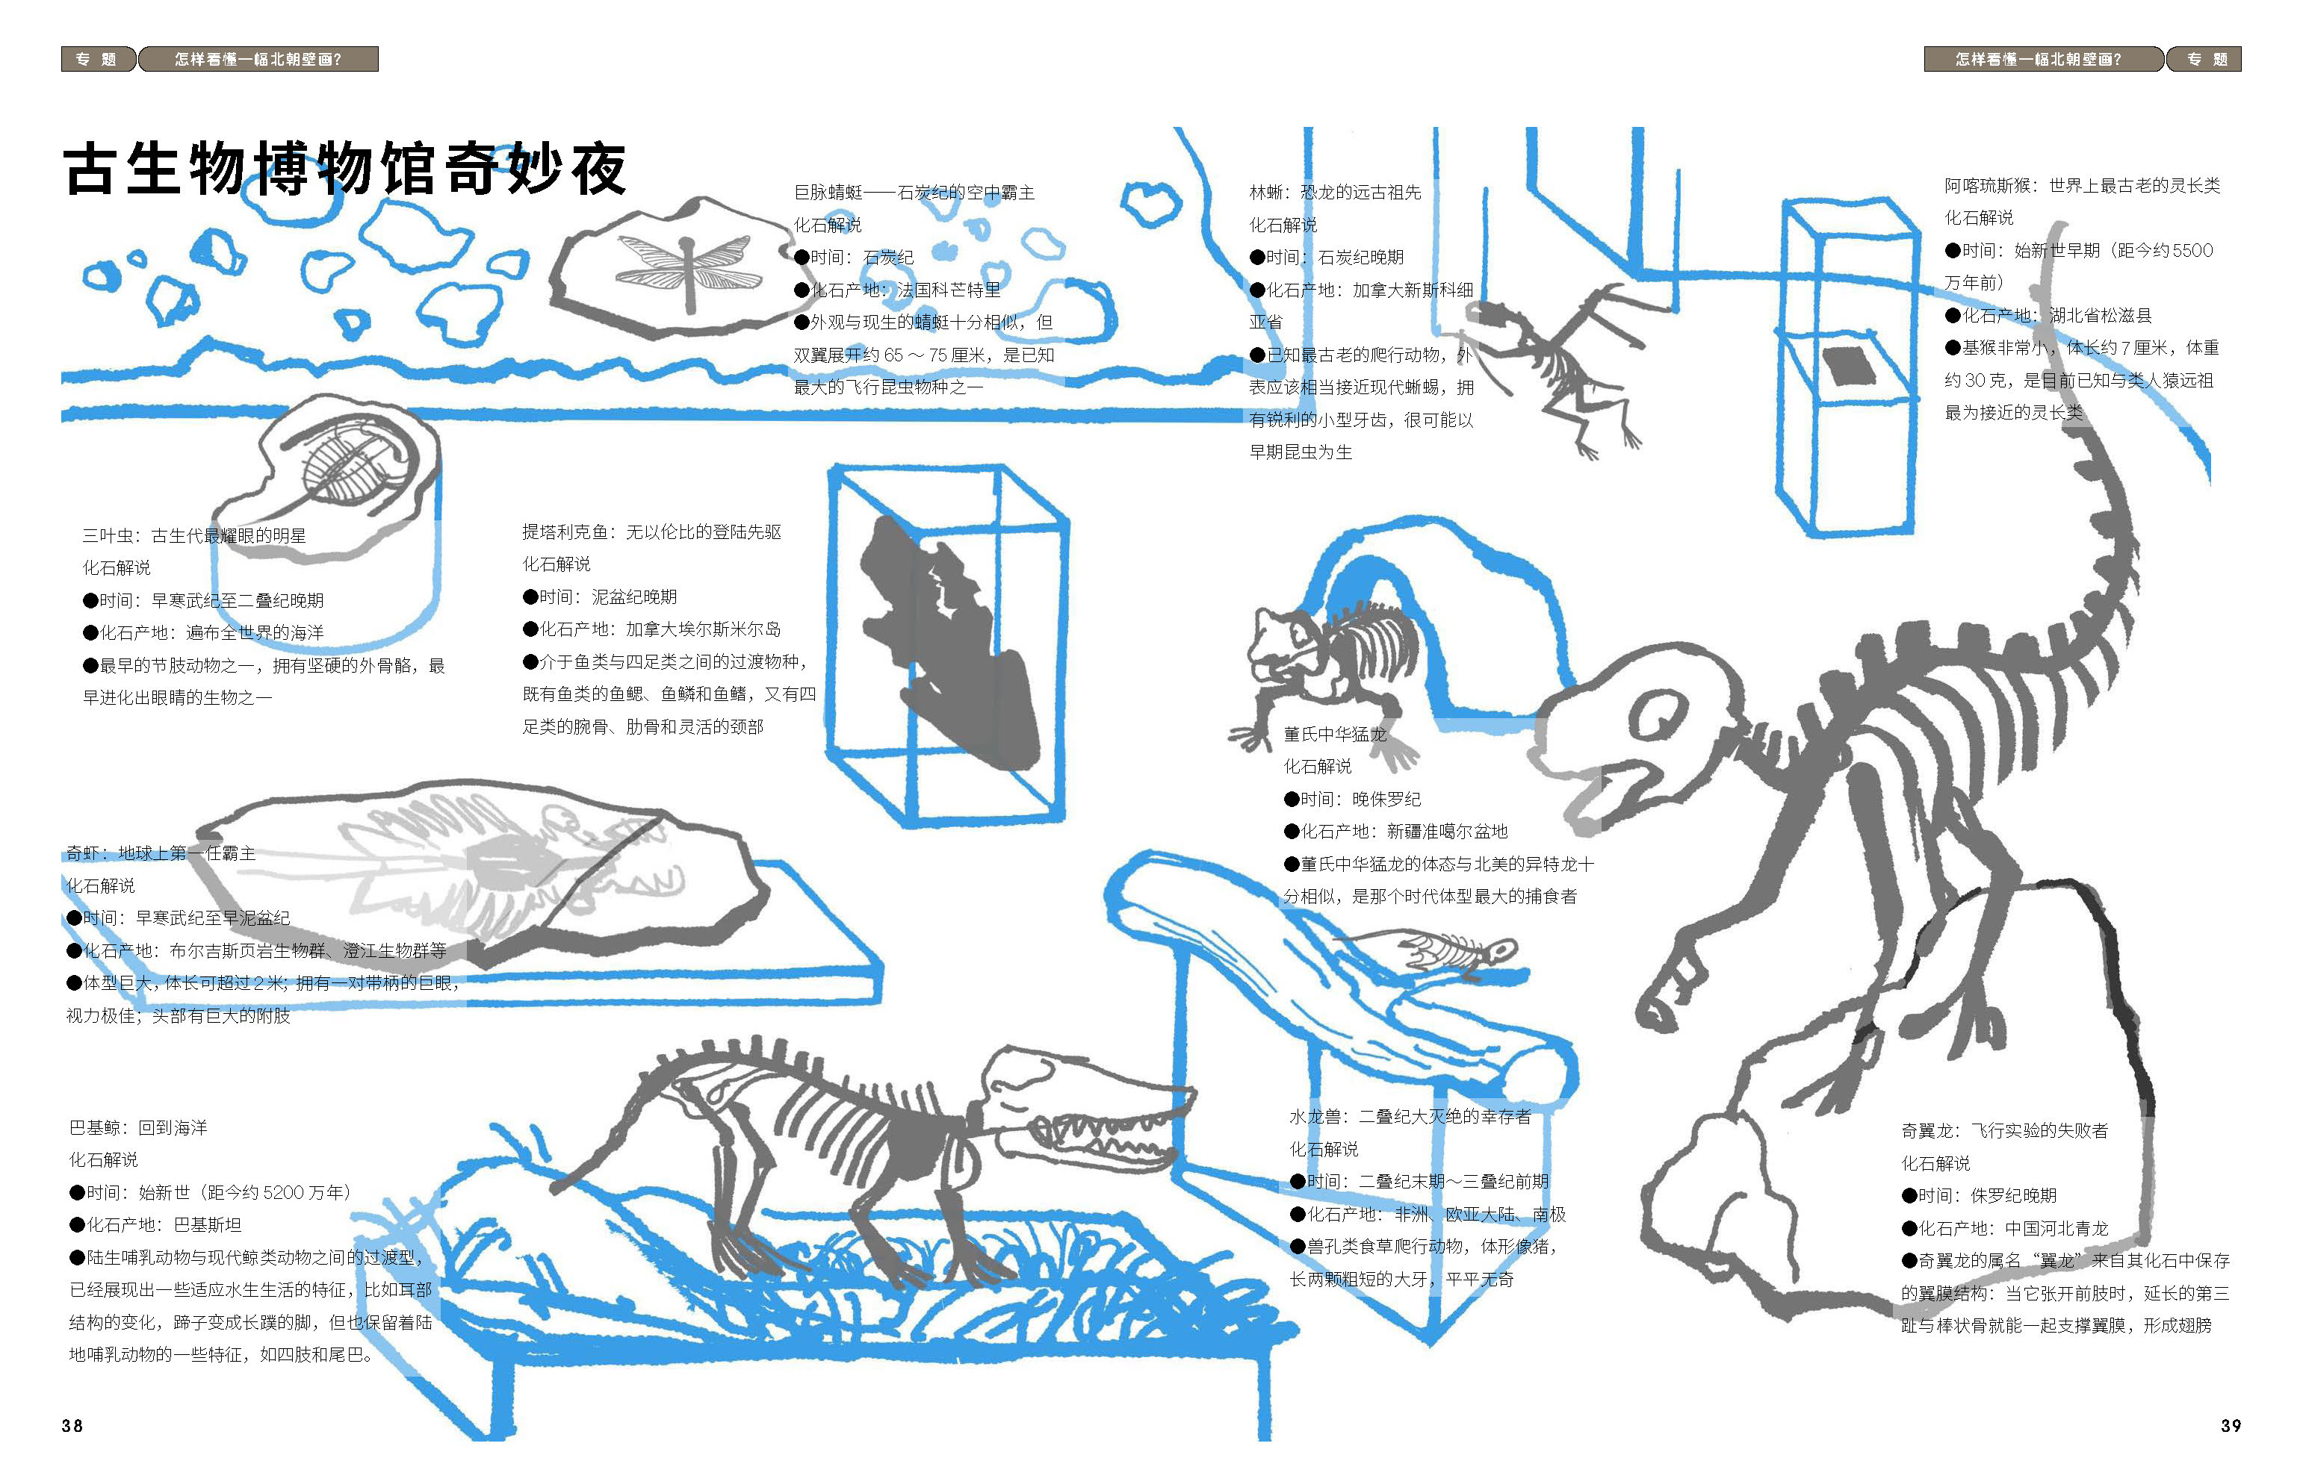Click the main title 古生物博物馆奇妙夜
pyautogui.click(x=344, y=169)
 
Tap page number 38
pyautogui.click(x=72, y=1425)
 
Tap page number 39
pyautogui.click(x=2231, y=1425)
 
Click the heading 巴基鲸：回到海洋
pyautogui.click(x=139, y=1127)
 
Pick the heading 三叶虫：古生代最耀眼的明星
pyautogui.click(x=194, y=535)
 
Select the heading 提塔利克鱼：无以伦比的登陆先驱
pyautogui.click(x=651, y=532)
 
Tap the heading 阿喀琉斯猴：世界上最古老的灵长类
pyautogui.click(x=2082, y=185)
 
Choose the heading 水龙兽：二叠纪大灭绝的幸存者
pyautogui.click(x=1410, y=1116)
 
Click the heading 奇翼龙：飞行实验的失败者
pyautogui.click(x=2005, y=1130)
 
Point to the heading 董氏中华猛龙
pyautogui.click(x=1334, y=735)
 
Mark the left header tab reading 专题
pyautogui.click(x=96, y=59)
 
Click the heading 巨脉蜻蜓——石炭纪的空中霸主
pyautogui.click(x=914, y=192)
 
